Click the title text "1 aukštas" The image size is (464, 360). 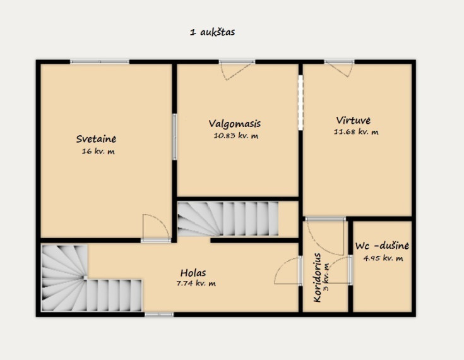pos(213,32)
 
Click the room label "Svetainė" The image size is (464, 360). pos(96,139)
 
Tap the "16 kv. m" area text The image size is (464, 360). pos(98,152)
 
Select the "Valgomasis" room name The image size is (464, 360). pos(235,123)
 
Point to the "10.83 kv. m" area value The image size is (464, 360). pos(236,136)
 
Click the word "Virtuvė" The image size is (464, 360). pos(354,120)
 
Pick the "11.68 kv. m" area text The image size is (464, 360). pos(356,132)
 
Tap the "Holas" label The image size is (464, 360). pos(193,273)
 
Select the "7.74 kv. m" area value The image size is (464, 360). pos(196,284)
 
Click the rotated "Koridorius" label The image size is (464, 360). pos(317,277)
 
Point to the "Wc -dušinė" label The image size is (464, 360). pos(382,246)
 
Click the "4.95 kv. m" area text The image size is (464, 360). pos(383,258)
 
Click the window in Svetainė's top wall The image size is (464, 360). pos(100,62)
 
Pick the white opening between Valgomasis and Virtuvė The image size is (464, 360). pos(300,103)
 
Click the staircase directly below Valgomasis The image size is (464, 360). pos(228,219)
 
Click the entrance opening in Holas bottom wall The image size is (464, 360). pos(159,315)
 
